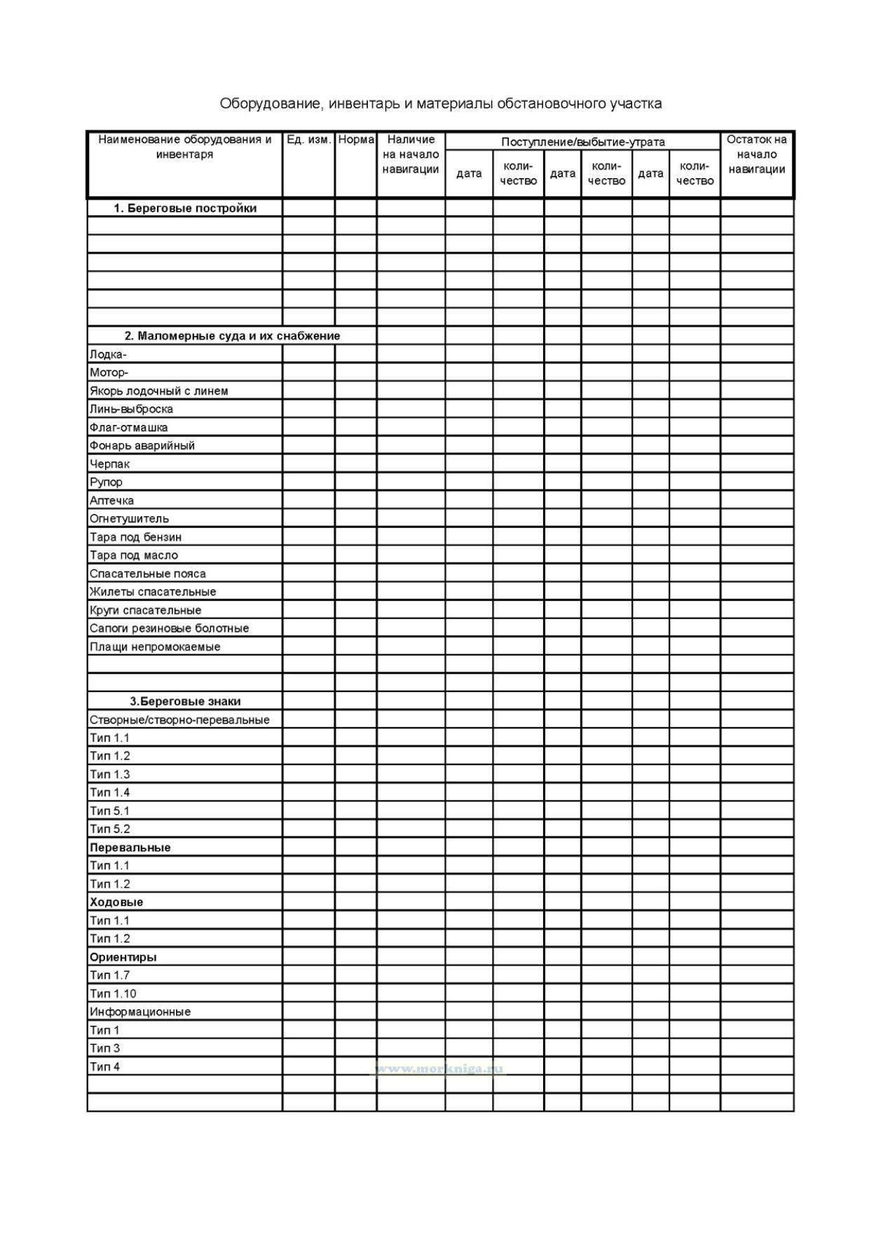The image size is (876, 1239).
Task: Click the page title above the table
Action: [440, 104]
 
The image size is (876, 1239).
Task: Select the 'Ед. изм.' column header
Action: [308, 140]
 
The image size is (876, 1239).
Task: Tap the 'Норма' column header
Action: [356, 140]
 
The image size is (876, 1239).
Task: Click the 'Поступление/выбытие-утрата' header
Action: [582, 142]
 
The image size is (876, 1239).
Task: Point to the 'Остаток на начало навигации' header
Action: [756, 154]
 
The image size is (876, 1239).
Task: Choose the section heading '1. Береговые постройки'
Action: [185, 208]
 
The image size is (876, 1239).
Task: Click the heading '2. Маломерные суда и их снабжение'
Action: [232, 336]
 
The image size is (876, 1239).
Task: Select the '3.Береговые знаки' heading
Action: [185, 701]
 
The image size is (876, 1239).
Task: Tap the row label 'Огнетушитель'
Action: [129, 519]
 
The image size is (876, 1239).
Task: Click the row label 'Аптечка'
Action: [111, 501]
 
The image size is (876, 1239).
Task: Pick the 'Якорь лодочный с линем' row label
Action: [158, 391]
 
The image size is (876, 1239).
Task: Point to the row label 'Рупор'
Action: [106, 482]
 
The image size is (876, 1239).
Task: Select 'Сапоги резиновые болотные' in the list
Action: [169, 628]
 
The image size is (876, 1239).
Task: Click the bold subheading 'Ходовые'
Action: [116, 902]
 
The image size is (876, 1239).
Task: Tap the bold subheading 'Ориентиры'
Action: [123, 957]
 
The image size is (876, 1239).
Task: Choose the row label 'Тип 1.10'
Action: [113, 994]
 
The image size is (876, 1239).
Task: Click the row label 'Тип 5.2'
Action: [110, 829]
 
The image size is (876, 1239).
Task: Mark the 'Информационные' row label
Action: [140, 1012]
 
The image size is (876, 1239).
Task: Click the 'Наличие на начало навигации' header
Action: [411, 154]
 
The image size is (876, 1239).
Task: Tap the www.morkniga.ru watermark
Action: [439, 1069]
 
